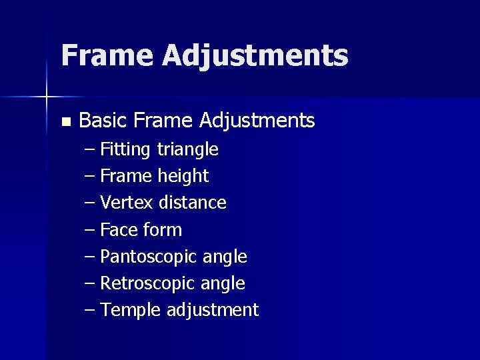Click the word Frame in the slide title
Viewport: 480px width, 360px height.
click(106, 55)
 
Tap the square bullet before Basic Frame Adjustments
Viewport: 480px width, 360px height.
click(65, 122)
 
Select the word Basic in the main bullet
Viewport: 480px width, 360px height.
click(103, 121)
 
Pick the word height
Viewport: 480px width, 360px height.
click(183, 177)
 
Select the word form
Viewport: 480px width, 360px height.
click(161, 230)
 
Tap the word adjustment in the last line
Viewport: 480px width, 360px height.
click(213, 311)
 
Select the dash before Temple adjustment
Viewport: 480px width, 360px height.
click(90, 311)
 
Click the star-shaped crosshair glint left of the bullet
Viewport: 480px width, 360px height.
click(47, 97)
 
